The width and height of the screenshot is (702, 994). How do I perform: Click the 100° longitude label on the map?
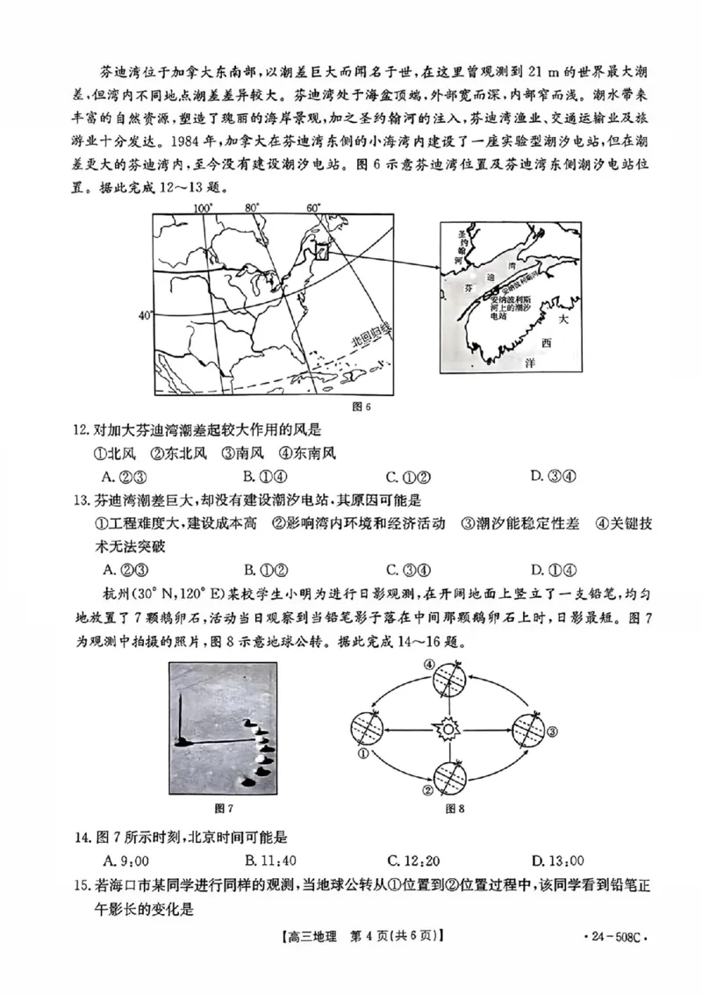pos(203,208)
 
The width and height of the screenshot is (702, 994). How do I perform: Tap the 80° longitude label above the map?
pos(253,208)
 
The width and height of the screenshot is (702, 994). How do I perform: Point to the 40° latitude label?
pos(145,314)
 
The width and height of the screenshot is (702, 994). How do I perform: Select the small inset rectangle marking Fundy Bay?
pos(322,251)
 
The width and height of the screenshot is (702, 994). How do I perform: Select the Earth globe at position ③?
pos(528,729)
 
